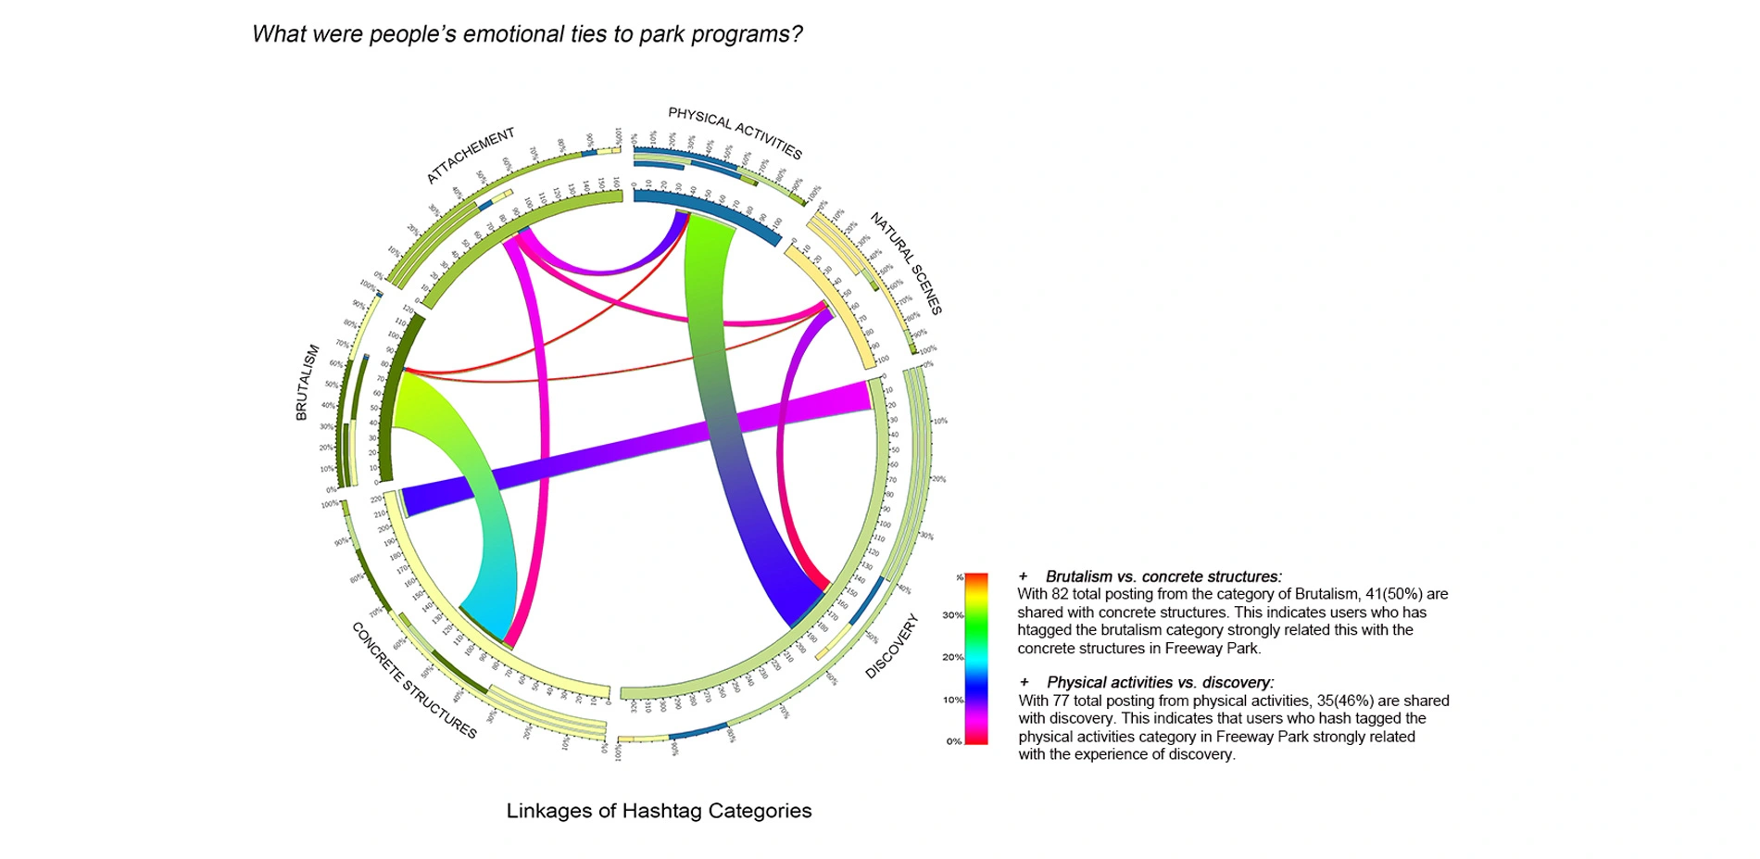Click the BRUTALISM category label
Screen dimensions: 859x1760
coord(307,383)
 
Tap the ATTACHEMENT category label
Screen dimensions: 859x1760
coord(470,155)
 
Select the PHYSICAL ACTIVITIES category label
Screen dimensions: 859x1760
coord(735,133)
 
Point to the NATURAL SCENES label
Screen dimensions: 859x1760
coord(906,263)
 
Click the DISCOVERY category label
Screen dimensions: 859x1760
coord(891,646)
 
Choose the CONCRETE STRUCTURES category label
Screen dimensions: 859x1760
coord(413,680)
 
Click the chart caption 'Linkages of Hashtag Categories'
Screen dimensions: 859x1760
coord(659,811)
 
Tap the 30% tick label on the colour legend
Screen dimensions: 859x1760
coord(952,615)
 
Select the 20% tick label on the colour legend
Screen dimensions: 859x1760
coord(952,657)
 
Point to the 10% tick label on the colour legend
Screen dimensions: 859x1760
coord(952,700)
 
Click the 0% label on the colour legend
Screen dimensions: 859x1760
coord(953,741)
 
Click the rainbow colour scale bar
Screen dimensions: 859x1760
coord(976,658)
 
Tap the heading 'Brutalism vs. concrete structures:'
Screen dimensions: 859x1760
coord(1163,576)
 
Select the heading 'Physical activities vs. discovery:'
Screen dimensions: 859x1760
coord(1160,683)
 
